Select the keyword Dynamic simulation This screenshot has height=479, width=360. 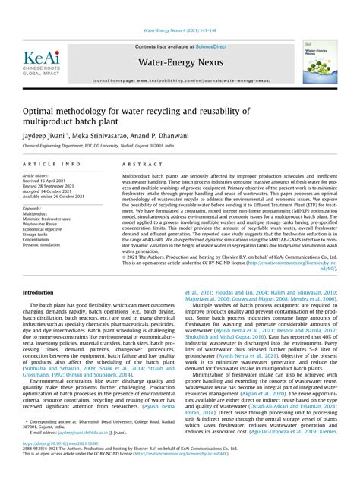42,244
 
